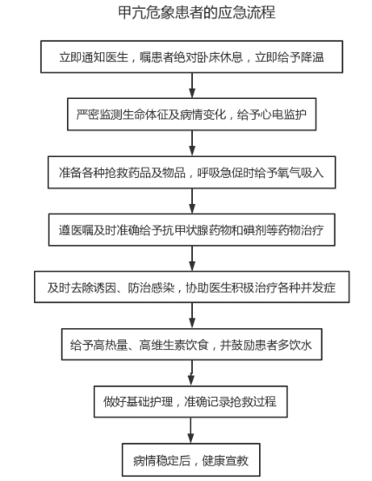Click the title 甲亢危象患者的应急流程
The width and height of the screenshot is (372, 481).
[196, 12]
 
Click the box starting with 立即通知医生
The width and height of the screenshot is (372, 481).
[192, 56]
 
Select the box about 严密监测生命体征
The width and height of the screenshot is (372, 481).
[192, 115]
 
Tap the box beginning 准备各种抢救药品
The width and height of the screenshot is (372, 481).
[192, 173]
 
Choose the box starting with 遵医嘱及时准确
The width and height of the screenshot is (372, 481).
[192, 230]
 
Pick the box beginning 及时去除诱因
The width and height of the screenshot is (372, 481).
[192, 287]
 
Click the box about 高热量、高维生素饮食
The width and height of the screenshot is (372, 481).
[192, 344]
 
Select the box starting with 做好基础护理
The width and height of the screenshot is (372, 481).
[190, 401]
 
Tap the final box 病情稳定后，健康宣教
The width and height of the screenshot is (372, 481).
[191, 459]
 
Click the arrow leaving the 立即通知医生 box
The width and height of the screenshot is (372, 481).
[192, 86]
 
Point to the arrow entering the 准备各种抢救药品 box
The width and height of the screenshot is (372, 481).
[192, 143]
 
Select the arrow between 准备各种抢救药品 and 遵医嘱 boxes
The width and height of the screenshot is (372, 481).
[192, 201]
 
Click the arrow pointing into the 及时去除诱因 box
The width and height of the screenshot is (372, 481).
[192, 258]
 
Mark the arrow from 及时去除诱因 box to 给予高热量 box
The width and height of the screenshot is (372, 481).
[192, 316]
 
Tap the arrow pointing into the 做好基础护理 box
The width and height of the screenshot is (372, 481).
[191, 373]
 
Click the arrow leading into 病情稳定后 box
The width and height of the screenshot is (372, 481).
[190, 431]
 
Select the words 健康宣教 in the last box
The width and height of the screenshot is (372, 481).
[225, 460]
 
